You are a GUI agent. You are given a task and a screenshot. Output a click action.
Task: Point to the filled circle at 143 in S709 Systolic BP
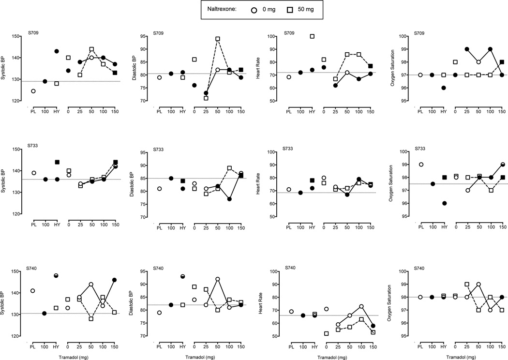(57, 51)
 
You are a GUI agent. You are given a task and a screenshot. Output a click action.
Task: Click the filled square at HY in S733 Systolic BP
(57, 162)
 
